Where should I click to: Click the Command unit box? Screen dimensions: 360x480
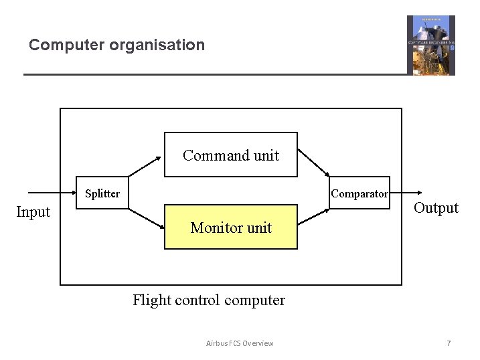coord(231,155)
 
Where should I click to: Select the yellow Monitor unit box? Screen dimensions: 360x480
coord(231,227)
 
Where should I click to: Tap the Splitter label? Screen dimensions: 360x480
coord(102,193)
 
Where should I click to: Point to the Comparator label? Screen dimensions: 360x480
coord(359,193)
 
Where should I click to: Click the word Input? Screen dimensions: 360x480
coord(33,212)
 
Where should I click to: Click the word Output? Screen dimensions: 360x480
coord(436,207)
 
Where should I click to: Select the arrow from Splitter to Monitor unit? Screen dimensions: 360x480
coord(145,219)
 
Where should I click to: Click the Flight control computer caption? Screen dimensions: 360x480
coord(209,300)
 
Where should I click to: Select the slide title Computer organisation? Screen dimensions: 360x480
coord(116,45)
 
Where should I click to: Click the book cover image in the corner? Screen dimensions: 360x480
coord(430,45)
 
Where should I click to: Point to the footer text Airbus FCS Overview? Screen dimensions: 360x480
coord(240,343)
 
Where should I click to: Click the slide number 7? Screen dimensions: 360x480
coord(449,343)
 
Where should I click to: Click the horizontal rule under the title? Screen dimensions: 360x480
coord(214,74)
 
